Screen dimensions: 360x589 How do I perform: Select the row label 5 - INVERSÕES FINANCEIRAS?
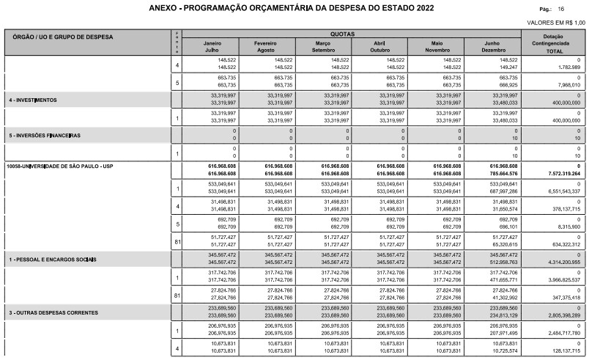pyautogui.click(x=43, y=136)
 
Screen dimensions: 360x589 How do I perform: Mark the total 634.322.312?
pyautogui.click(x=560, y=245)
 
